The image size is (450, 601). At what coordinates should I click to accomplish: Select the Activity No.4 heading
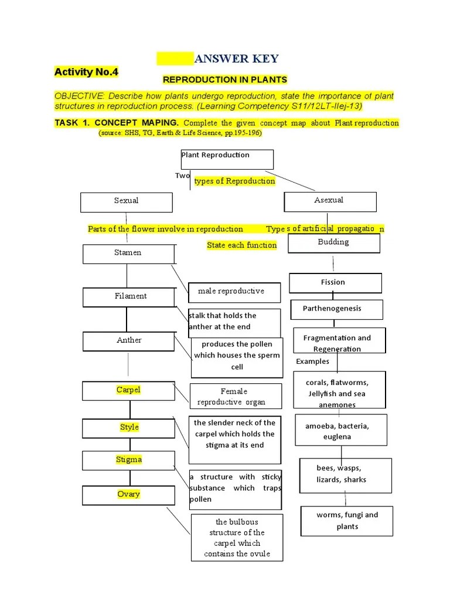click(x=86, y=72)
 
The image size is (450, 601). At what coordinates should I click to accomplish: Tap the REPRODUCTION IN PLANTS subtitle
click(x=224, y=79)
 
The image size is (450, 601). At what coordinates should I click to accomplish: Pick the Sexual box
click(x=127, y=202)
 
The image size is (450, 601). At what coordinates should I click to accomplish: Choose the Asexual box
click(x=330, y=201)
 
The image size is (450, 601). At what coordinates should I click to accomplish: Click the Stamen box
click(x=128, y=254)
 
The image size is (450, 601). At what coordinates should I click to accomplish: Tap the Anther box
click(x=128, y=341)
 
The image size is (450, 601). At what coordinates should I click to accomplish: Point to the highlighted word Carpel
click(x=128, y=390)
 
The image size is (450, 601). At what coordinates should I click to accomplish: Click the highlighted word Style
click(x=129, y=427)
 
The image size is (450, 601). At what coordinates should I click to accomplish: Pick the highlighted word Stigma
click(x=128, y=460)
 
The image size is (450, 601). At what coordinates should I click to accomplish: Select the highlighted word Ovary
click(x=128, y=494)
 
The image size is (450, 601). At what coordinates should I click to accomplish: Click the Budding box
click(x=333, y=242)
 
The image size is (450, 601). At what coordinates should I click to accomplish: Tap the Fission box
click(x=335, y=282)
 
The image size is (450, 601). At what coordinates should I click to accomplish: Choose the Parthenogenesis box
click(x=336, y=309)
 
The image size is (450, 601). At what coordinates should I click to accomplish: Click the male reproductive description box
click(x=234, y=292)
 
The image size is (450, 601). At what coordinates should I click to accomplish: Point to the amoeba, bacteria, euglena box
click(x=341, y=431)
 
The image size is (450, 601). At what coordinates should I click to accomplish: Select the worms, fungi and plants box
click(x=347, y=521)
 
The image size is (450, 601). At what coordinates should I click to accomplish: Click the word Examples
click(x=312, y=362)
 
